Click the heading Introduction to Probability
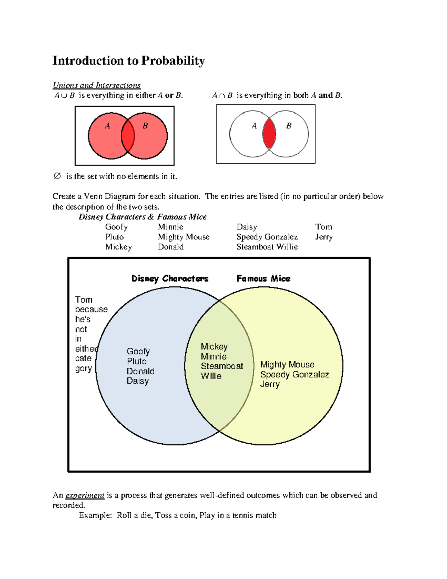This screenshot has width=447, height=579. (x=129, y=61)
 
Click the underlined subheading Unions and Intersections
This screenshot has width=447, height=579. (x=96, y=85)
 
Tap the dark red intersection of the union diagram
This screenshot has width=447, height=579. (x=128, y=136)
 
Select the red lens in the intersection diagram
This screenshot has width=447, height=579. (x=269, y=133)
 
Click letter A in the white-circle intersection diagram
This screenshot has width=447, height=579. (x=254, y=126)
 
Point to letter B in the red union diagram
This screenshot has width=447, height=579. (x=145, y=126)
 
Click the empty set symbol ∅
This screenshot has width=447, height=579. (x=57, y=176)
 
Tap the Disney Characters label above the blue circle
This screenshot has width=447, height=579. (x=169, y=279)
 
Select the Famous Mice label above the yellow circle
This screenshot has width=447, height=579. (x=263, y=279)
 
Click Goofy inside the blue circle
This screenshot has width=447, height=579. (x=138, y=352)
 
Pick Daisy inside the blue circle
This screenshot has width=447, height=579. (x=137, y=381)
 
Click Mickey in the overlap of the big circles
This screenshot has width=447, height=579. (x=214, y=347)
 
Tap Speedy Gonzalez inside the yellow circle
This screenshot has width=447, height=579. (x=294, y=374)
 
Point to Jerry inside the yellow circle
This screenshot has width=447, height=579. (x=270, y=384)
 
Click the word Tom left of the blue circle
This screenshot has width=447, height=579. (x=83, y=300)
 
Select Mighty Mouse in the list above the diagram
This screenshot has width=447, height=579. (x=183, y=237)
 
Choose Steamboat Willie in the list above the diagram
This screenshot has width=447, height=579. (x=267, y=247)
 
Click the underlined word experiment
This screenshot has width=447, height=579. (x=85, y=495)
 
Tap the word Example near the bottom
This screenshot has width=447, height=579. (x=95, y=516)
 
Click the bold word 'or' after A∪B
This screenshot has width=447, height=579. (x=169, y=95)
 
